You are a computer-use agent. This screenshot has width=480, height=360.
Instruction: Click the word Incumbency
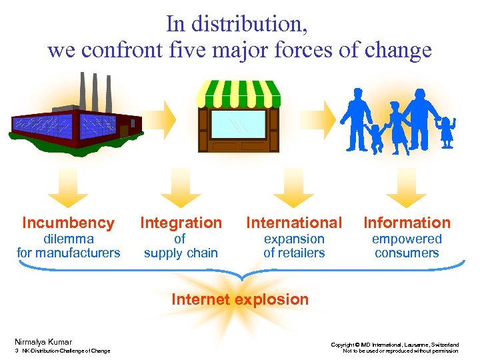[68, 223]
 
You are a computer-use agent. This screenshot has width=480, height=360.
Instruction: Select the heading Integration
[181, 223]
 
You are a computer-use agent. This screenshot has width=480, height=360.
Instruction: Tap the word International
[294, 223]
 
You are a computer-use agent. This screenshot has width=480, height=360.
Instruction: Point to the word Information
[407, 223]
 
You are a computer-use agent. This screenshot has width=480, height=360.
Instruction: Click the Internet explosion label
[240, 299]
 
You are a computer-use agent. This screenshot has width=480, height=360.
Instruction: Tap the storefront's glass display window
[238, 123]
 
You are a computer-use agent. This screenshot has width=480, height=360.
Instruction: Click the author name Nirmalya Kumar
[43, 342]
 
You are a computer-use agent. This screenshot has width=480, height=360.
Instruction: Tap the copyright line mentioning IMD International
[395, 345]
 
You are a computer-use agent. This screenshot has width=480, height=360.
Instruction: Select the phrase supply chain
[181, 253]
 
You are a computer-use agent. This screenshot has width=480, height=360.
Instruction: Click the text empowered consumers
[407, 245]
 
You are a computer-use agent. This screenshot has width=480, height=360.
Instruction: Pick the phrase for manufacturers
[68, 253]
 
